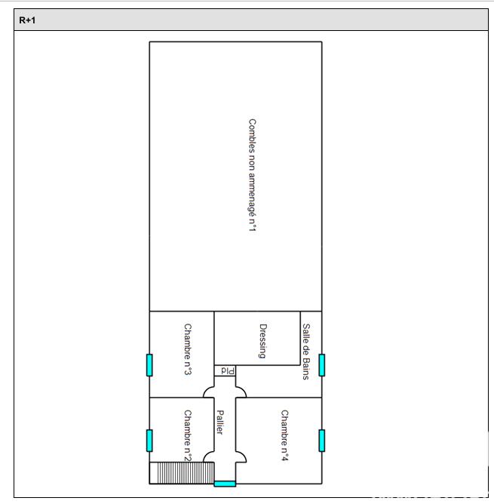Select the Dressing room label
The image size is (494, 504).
[262, 341]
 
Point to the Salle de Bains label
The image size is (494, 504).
[306, 352]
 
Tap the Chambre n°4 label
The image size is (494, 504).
[285, 436]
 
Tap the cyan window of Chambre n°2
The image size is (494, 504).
[149, 440]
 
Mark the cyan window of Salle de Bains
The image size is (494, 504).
[322, 364]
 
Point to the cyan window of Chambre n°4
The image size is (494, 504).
[322, 440]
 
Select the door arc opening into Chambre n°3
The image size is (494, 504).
[208, 392]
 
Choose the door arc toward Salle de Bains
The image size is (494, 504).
[241, 392]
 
